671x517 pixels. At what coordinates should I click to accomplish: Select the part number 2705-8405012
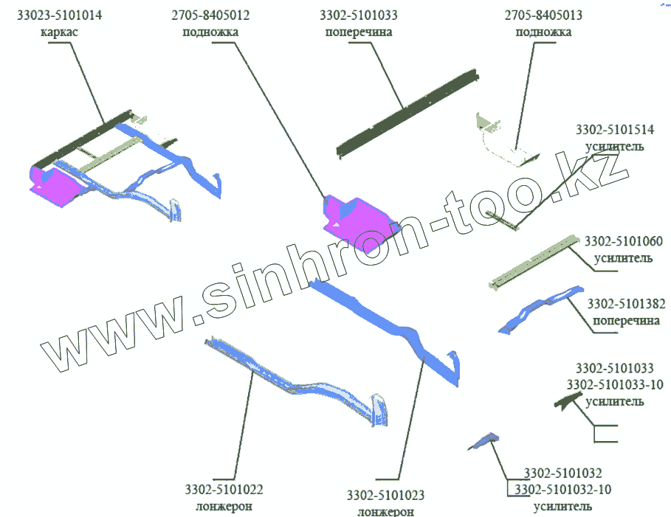coord(210,15)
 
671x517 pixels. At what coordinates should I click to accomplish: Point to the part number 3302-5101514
coord(614,130)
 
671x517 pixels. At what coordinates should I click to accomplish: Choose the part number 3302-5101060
coord(623,241)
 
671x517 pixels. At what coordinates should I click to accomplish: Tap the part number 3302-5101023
coord(385,495)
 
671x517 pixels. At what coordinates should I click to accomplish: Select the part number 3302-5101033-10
coord(614,384)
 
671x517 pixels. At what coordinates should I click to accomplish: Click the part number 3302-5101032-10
coord(562,489)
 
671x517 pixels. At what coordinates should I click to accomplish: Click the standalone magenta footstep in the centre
coord(355,215)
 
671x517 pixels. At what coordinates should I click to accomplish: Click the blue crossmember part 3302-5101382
coord(539,310)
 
